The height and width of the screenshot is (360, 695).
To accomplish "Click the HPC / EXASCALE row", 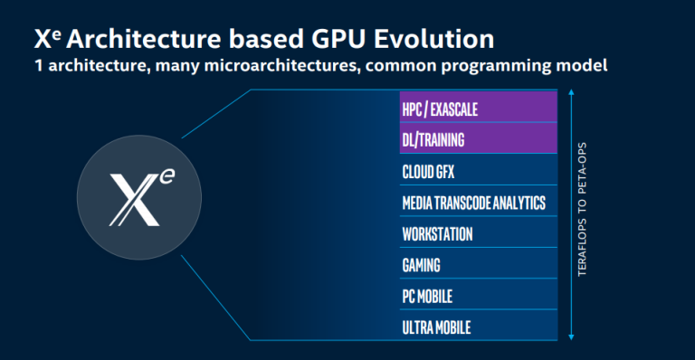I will pos(477,109).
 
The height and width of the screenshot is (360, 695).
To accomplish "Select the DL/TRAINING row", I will pos(477,140).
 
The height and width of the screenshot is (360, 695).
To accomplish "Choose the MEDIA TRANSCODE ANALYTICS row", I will pos(477,203).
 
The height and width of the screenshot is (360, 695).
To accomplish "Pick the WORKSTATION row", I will pos(477,233).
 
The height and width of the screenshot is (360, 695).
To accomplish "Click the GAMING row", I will pos(477,265).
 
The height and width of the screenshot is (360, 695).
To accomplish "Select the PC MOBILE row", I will pos(477,296).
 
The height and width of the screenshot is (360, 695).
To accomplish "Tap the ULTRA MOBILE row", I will pos(477,326).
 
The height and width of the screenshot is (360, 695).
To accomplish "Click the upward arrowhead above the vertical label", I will pos(571,93).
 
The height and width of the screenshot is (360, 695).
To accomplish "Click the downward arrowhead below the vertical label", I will pos(571,337).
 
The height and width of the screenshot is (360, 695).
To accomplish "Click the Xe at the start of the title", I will pos(47,39).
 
